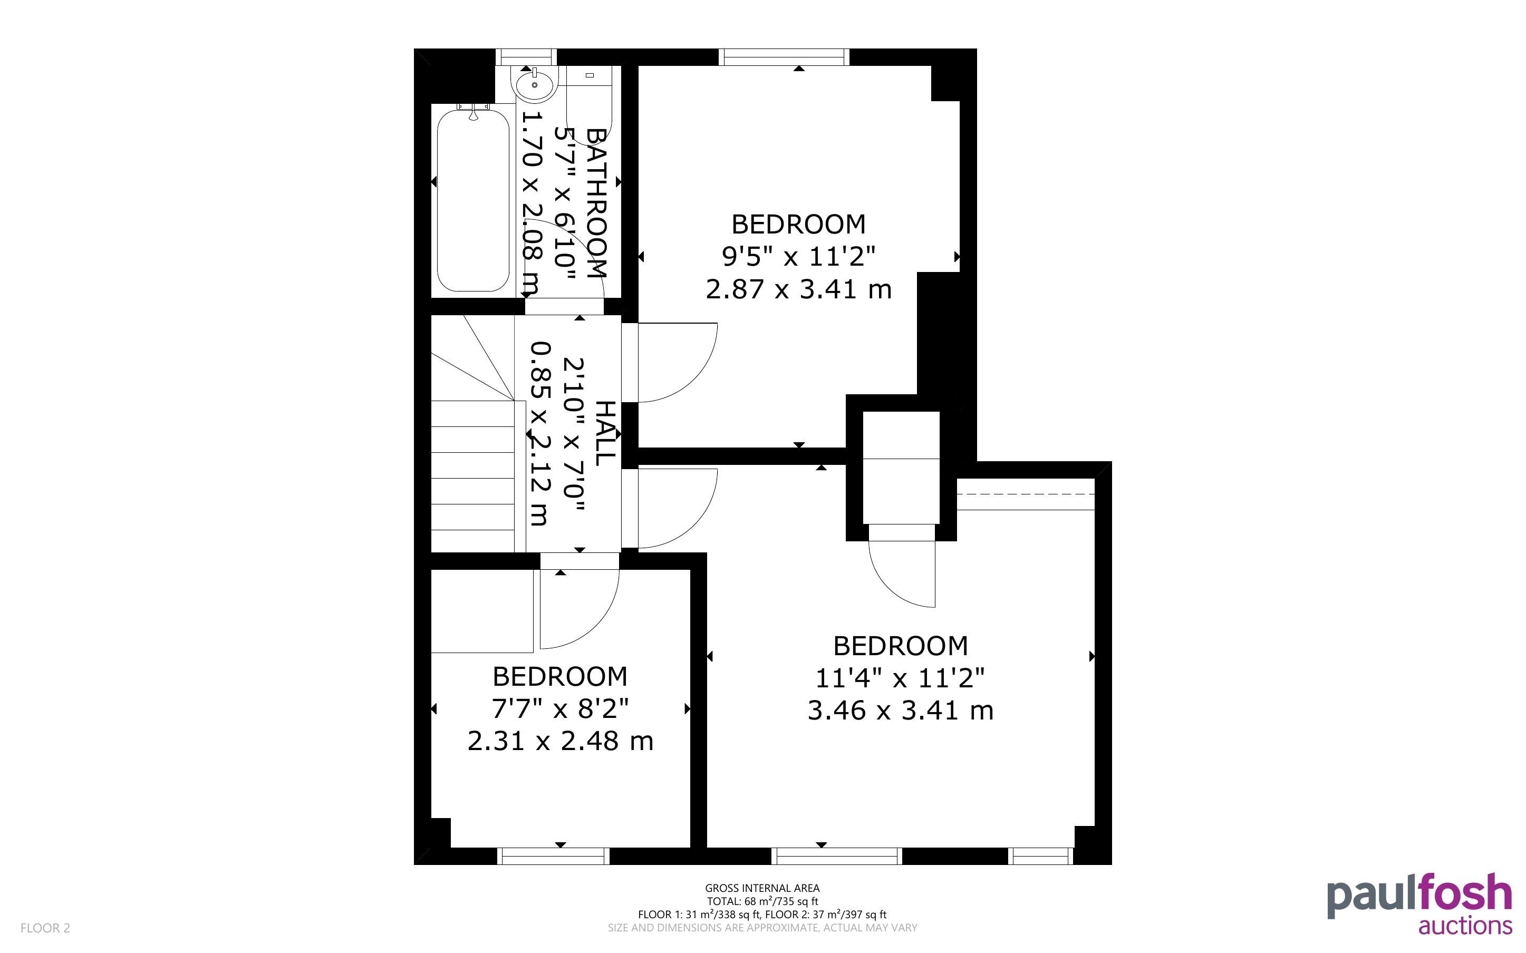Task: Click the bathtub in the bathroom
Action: point(473,200)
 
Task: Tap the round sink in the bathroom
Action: point(535,84)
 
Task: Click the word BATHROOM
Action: point(596,202)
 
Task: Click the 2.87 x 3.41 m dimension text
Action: point(799,289)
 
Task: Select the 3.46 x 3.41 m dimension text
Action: point(900,711)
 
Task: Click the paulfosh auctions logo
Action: point(1419,902)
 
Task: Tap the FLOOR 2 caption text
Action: point(45,928)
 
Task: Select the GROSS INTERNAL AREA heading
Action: point(762,888)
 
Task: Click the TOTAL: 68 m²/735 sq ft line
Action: point(762,901)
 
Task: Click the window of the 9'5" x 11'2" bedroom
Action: point(784,57)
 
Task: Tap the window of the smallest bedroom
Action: point(554,856)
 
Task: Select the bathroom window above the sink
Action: point(526,57)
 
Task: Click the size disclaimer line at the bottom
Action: point(762,928)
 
